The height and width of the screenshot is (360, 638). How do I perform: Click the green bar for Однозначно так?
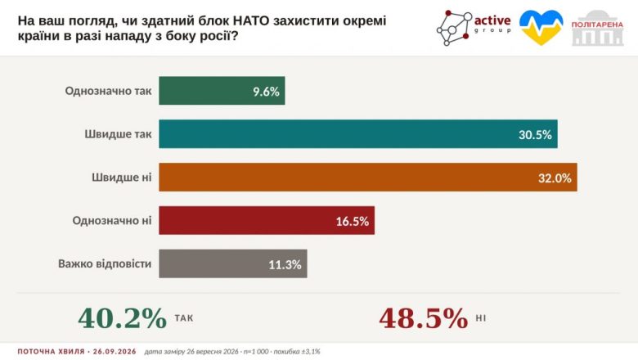222,91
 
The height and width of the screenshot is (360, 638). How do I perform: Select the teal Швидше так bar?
358,134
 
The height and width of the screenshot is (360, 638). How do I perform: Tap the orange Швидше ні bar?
368,178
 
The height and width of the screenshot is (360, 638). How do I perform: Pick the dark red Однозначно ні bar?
267,220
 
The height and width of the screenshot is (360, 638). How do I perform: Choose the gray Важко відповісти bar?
233,263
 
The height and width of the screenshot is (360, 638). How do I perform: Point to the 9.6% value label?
266,92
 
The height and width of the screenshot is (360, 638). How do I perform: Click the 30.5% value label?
535,135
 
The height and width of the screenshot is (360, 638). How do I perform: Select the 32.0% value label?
555,178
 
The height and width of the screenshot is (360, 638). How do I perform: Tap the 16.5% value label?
353,221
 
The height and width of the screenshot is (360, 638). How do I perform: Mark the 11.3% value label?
285,265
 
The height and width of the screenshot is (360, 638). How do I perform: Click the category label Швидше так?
118,134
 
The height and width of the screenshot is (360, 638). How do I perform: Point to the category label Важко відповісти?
105,263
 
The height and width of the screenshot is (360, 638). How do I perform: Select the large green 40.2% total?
123,318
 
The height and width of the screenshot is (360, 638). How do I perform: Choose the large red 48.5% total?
424,318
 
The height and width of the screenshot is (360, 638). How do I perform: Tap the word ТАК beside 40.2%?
184,318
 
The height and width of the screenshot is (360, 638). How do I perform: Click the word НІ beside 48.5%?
481,318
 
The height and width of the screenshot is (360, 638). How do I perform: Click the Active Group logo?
474,28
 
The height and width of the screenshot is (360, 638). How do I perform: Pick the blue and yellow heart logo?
541,27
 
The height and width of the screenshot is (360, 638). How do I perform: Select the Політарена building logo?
597,28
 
